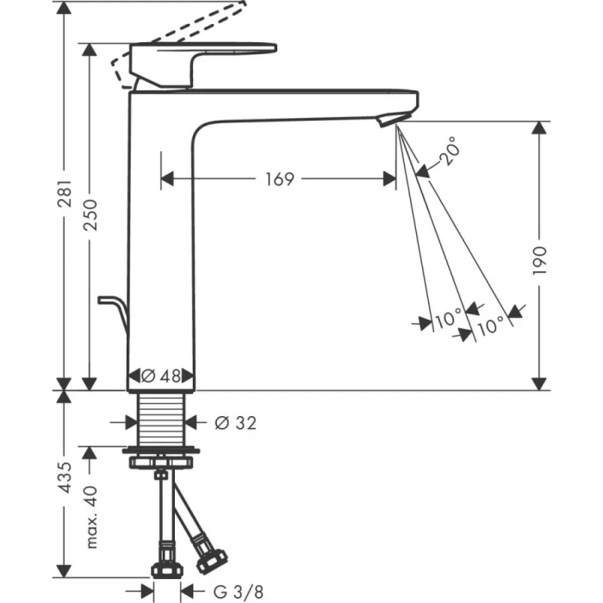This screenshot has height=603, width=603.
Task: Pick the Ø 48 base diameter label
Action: click(161, 376)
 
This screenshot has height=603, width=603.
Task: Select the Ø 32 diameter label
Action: click(234, 422)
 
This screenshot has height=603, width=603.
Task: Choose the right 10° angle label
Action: click(490, 325)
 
